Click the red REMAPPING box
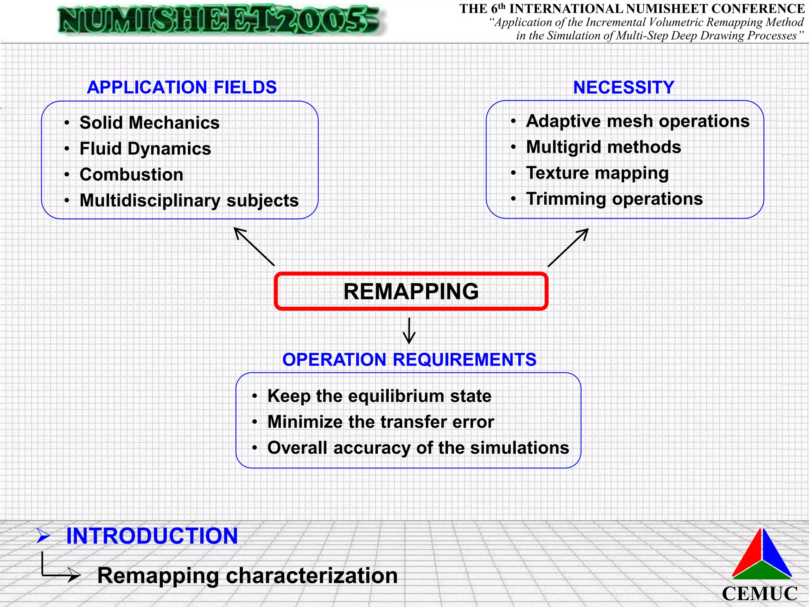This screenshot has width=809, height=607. pos(411,291)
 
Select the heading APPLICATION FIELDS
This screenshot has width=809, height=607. pos(182,87)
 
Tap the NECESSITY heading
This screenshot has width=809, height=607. pos(624,87)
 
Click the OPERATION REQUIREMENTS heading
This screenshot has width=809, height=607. pos(409,360)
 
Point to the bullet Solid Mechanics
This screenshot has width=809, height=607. pos(149,123)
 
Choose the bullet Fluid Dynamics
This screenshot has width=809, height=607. pos(145,149)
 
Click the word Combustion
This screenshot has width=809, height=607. pos(131,174)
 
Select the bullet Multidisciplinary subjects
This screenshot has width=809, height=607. pos(189,200)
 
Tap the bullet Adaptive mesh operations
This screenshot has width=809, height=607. pos(637,121)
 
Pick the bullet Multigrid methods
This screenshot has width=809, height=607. pos(603,147)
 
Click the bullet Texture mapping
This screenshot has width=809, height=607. pos(597,173)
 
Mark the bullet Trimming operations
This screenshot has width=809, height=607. pos(614,199)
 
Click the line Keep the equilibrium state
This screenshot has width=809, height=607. pos(379,396)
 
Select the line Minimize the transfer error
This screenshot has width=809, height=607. pos(380,422)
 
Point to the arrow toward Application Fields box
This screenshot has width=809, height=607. pos(254,246)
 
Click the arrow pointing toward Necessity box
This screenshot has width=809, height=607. pos(568,247)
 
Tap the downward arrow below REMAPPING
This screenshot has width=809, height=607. pos(409,331)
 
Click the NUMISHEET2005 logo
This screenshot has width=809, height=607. pos(219,20)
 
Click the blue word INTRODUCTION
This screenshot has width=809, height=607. pos(152,536)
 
